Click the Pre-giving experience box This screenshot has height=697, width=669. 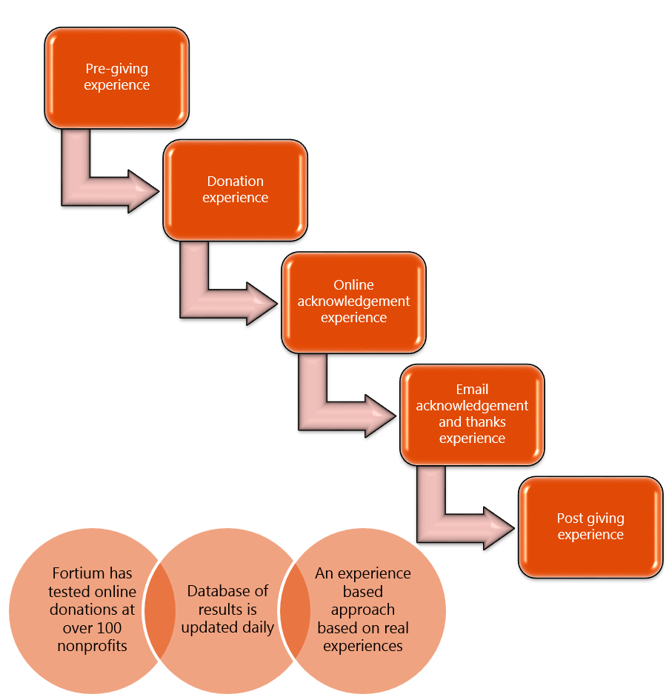click(116, 78)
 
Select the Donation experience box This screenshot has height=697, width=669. click(235, 190)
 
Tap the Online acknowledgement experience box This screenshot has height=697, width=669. click(353, 301)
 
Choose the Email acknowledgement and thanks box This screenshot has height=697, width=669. click(472, 414)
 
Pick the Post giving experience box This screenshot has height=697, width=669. click(590, 527)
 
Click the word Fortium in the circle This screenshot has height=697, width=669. click(81, 573)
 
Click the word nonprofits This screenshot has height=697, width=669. click(93, 646)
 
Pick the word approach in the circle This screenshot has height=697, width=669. click(362, 610)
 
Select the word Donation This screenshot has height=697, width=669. click(235, 181)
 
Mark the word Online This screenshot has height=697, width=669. click(353, 285)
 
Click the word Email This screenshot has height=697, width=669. click(472, 389)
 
